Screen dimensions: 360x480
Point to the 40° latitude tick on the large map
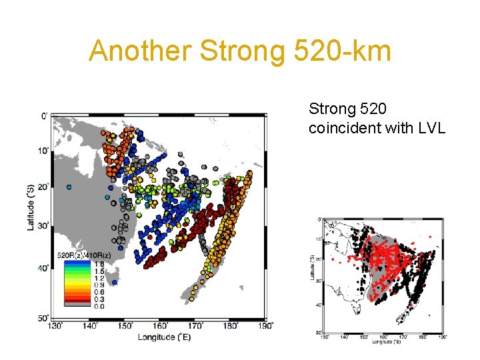click(42, 267)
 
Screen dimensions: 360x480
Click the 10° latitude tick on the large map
click(42, 151)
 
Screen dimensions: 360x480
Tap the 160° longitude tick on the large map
click(160, 326)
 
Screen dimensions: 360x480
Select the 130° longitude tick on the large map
click(56, 326)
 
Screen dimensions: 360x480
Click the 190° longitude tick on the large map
click(265, 326)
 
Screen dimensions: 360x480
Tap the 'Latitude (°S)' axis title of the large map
click(31, 207)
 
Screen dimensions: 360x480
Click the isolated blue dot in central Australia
click(69, 187)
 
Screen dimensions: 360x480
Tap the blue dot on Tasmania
click(115, 282)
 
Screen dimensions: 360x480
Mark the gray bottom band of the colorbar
click(76, 304)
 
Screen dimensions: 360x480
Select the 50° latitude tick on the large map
click(42, 317)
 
